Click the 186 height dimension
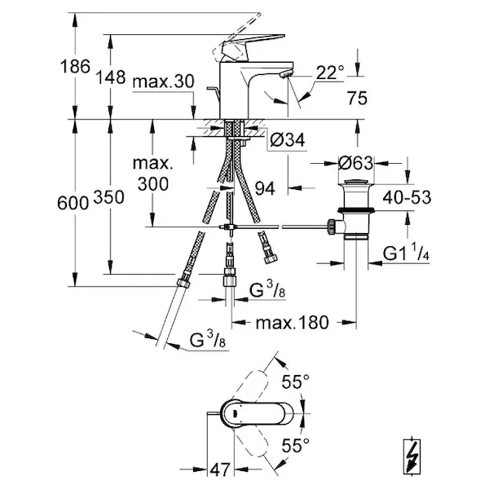point(75,67)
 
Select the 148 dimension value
point(110,77)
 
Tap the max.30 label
point(163,81)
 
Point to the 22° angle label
point(330,73)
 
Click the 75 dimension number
point(358,99)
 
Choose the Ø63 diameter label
point(356,163)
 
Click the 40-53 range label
point(407,197)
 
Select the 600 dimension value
point(73,203)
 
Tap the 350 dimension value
point(109,197)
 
